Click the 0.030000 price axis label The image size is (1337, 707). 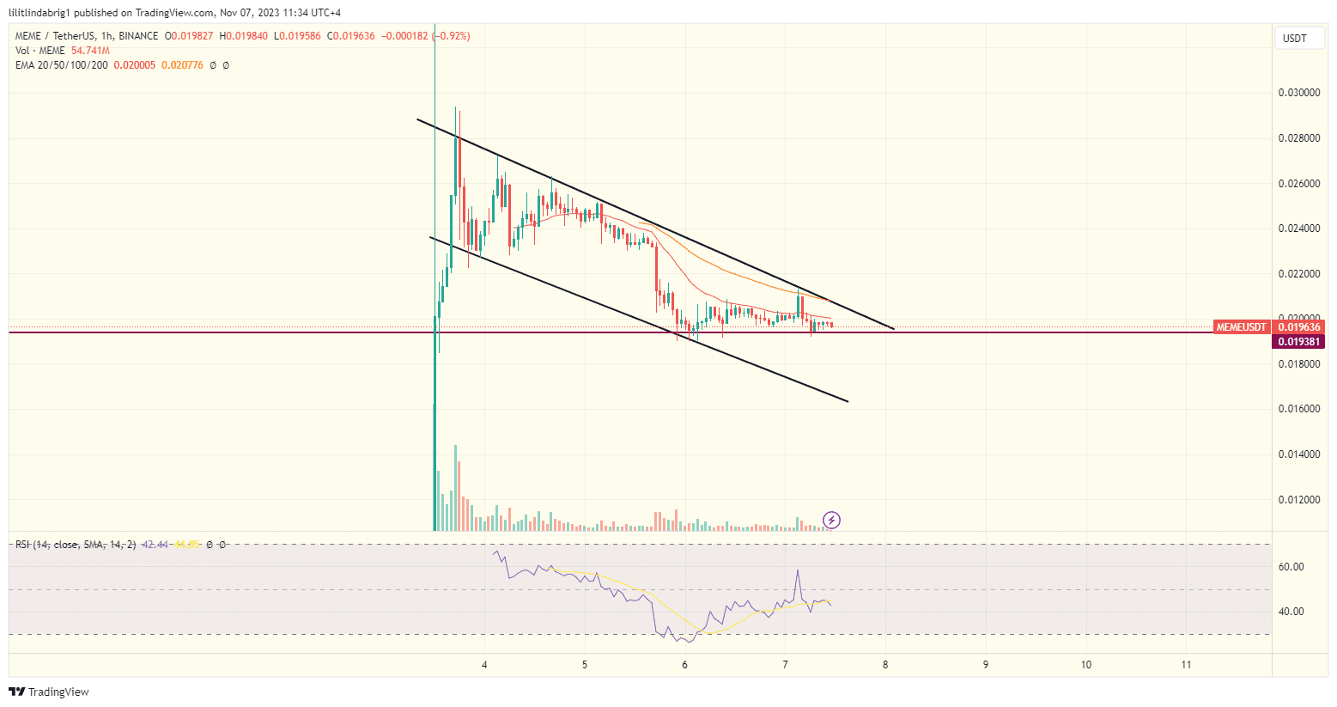coord(1299,93)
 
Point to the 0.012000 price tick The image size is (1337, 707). coord(1299,499)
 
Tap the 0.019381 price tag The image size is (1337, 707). coord(1298,342)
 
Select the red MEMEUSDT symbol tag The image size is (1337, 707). coord(1241,327)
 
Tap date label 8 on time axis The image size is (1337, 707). coord(885,665)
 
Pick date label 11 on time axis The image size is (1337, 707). coord(1186,665)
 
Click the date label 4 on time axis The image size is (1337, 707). coord(484,665)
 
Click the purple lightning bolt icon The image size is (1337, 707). coord(831,520)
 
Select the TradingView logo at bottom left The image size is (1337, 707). coord(49,692)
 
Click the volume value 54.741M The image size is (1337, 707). coord(90,51)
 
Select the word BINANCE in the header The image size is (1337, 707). coord(138,36)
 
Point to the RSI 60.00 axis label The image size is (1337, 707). coord(1291,567)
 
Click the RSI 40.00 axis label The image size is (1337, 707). coord(1291,612)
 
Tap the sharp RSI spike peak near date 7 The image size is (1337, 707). coord(798,570)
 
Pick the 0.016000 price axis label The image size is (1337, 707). coord(1299,409)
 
